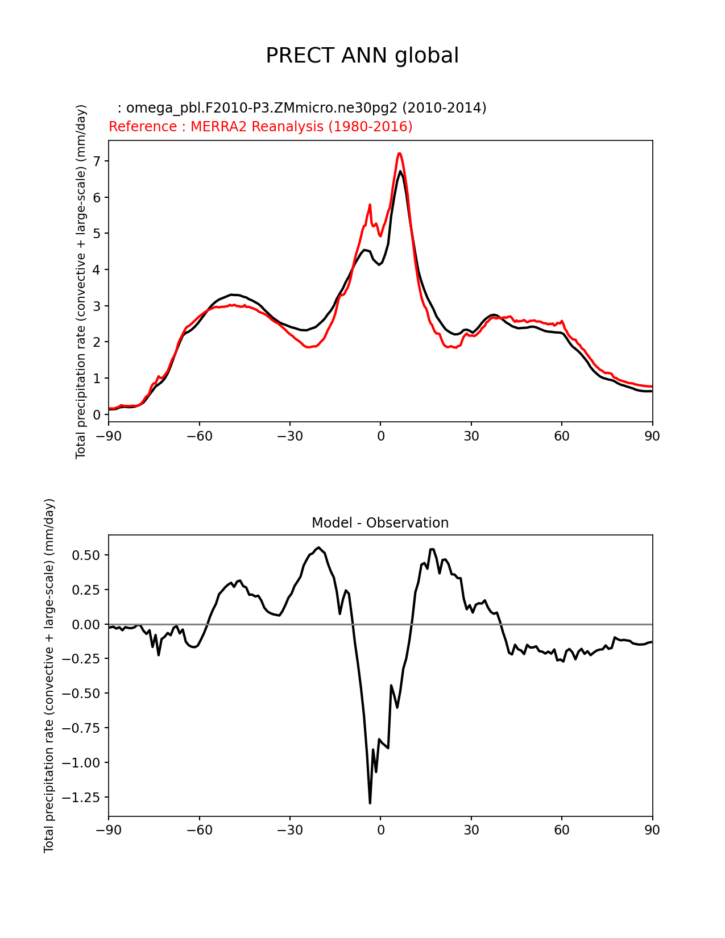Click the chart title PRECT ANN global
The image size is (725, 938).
click(362, 56)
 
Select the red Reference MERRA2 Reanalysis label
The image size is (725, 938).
click(260, 127)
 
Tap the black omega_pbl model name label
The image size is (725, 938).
click(301, 108)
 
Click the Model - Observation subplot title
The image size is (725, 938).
click(380, 523)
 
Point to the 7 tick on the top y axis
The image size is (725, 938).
click(96, 161)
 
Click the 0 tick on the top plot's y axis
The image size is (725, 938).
click(96, 414)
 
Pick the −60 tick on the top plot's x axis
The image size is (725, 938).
click(199, 436)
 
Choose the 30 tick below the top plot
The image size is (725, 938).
click(471, 436)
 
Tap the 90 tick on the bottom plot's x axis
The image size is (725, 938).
click(652, 830)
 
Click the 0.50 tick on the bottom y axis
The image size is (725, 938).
click(86, 555)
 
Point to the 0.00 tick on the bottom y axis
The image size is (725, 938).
click(86, 624)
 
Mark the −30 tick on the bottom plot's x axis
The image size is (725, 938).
click(289, 830)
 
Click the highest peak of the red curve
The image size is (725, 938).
click(400, 153)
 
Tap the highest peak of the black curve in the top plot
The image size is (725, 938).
click(400, 171)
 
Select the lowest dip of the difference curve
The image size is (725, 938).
click(370, 803)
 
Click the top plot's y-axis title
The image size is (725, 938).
click(81, 281)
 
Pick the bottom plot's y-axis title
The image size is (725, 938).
click(49, 675)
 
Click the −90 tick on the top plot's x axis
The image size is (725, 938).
click(109, 436)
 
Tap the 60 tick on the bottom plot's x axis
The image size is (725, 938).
click(562, 830)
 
